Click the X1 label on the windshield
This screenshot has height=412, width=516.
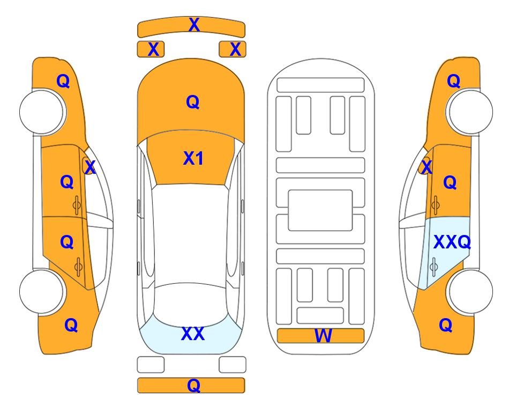coord(193,158)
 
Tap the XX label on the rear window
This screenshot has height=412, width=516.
coord(193,334)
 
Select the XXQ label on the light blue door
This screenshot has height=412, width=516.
coord(452,242)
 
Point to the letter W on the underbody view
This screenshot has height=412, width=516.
coord(323,336)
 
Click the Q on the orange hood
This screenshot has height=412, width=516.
coord(193,102)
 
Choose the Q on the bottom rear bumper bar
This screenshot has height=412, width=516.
coord(194,385)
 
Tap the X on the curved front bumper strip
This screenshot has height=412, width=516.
coord(194,25)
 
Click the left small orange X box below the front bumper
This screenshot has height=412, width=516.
coord(151,49)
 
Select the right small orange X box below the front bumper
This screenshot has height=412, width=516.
coord(233,49)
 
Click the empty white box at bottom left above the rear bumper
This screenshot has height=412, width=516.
coord(151,365)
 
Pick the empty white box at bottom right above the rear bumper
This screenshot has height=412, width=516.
coord(233,365)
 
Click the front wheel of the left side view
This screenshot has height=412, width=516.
coord(42,112)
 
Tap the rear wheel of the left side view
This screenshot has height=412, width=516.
coord(42,291)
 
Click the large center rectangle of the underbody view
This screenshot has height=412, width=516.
coord(320,210)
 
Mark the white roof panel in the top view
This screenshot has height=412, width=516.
coord(190,236)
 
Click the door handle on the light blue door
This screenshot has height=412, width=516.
coord(433,267)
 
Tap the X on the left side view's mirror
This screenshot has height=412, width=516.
coord(90,167)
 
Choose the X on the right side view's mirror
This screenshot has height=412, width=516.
coord(427,167)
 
